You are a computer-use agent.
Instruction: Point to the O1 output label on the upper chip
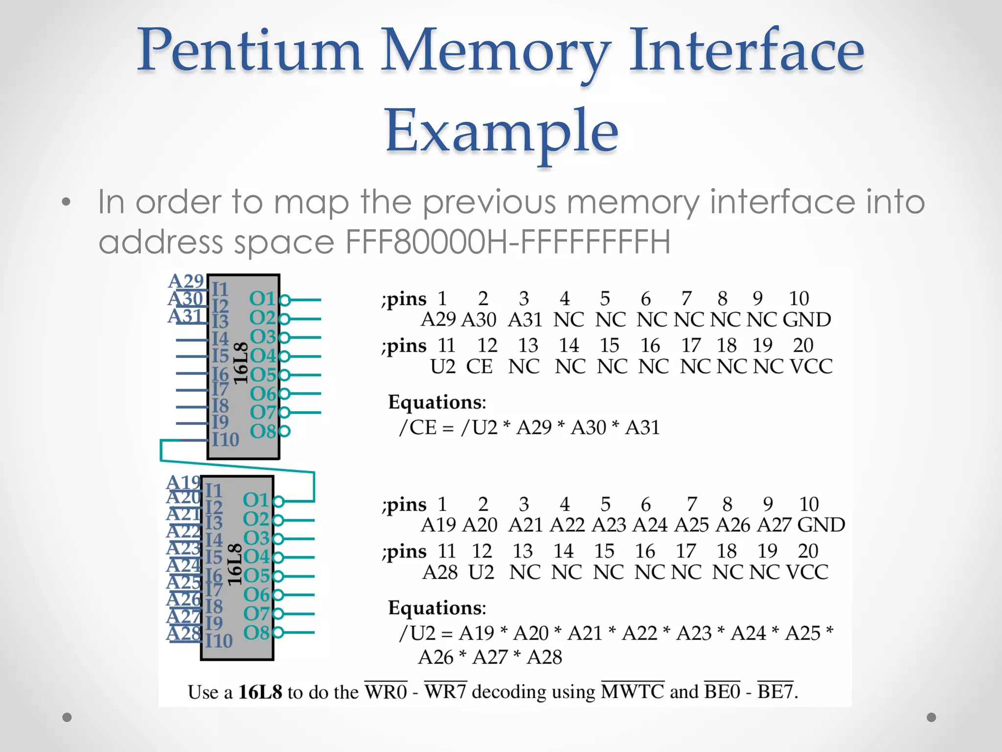[263, 299]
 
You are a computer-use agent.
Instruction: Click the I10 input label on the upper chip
[225, 440]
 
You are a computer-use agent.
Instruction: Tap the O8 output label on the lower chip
[256, 633]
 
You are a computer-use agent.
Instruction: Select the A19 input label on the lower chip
[183, 483]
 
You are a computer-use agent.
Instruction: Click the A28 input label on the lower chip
[183, 634]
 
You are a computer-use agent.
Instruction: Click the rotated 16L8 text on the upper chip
[240, 363]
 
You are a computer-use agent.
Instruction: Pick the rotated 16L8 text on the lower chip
[234, 564]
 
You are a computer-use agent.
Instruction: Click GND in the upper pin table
[806, 320]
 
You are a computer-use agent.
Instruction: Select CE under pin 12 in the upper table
[479, 366]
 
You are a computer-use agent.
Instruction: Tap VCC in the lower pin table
[807, 572]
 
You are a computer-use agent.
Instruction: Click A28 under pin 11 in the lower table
[440, 572]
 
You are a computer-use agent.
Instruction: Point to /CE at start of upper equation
[417, 427]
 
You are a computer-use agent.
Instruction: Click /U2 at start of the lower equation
[417, 633]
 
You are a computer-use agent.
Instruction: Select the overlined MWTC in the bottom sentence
[632, 692]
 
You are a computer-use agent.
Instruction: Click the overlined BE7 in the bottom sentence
[775, 692]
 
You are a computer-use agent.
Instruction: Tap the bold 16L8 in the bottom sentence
[260, 692]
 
